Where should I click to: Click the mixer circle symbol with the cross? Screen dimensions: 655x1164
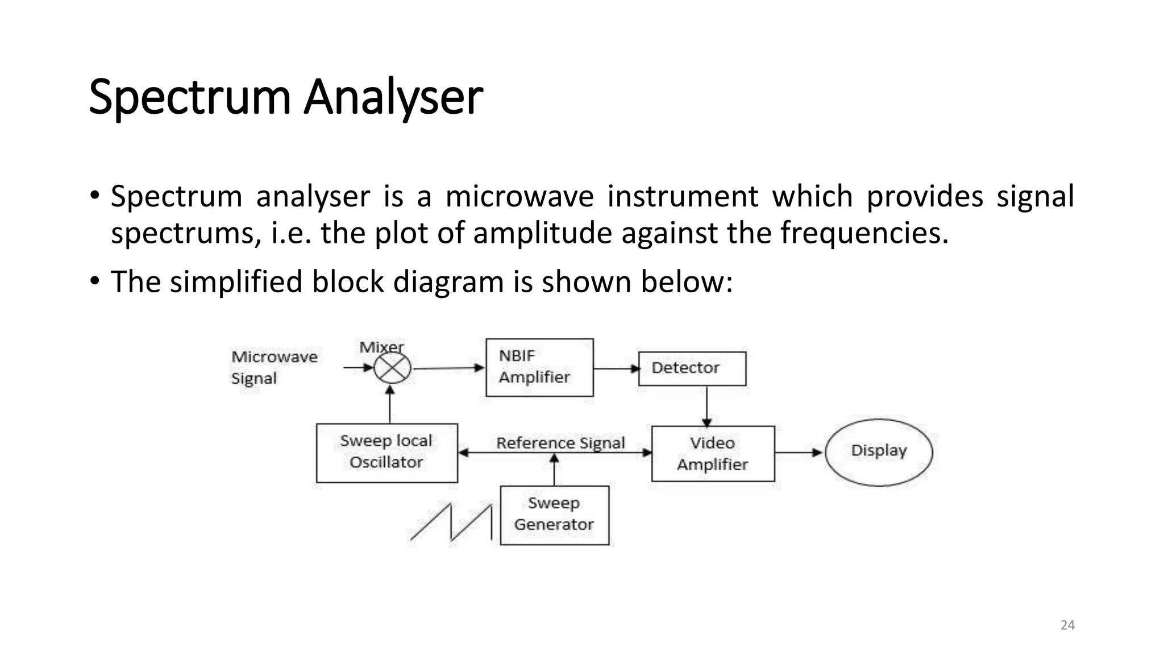(x=392, y=368)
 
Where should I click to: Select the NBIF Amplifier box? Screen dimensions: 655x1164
(x=539, y=367)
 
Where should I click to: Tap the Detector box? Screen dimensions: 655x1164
(x=692, y=368)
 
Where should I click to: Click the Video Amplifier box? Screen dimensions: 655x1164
(x=713, y=454)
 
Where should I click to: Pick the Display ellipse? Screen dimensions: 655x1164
(x=879, y=452)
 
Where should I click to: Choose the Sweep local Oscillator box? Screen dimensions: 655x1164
(x=386, y=453)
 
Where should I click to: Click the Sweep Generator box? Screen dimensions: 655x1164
(x=554, y=515)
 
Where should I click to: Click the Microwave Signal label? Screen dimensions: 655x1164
(x=274, y=367)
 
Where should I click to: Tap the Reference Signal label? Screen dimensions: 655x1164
(x=560, y=442)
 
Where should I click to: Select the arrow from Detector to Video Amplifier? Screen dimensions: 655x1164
(x=706, y=406)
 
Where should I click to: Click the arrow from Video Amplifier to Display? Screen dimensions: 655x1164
(x=799, y=453)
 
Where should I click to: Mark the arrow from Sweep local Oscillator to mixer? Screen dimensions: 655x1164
(x=390, y=404)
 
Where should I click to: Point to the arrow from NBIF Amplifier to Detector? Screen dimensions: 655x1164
(x=616, y=368)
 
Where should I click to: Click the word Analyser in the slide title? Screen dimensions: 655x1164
(x=393, y=98)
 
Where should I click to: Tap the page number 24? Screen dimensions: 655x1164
(x=1067, y=625)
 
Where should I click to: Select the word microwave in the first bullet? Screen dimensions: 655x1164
(x=519, y=197)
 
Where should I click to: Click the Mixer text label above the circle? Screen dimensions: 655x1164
(x=381, y=347)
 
